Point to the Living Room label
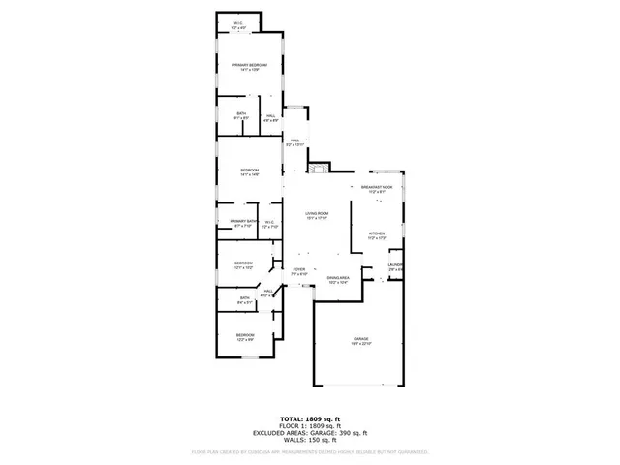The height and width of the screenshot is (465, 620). pos(317,216)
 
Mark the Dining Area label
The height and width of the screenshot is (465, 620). pos(338,279)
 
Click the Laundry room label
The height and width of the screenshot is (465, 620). pos(395,266)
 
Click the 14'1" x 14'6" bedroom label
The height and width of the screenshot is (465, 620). pos(249,172)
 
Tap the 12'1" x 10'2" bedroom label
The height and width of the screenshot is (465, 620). pos(243,264)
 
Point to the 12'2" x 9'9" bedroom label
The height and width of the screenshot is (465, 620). pos(243,337)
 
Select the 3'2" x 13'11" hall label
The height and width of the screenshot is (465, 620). pos(294,142)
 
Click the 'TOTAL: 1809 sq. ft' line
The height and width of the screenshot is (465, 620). pos(308,418)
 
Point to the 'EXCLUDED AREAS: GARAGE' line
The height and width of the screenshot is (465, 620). pos(308,432)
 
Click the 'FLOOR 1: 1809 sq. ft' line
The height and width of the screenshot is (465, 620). pos(308,425)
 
